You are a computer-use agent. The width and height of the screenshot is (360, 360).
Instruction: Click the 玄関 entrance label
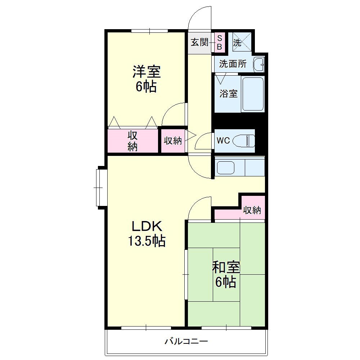(200, 42)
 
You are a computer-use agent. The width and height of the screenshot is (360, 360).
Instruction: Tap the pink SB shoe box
(220, 42)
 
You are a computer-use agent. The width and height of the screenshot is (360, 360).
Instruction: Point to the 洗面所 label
(233, 64)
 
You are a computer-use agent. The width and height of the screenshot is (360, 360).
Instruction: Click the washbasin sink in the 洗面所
(259, 64)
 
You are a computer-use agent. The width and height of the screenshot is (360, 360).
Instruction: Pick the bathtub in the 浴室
(253, 94)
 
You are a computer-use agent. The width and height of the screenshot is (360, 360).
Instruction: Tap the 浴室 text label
(229, 94)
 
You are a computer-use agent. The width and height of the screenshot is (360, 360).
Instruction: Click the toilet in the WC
(244, 140)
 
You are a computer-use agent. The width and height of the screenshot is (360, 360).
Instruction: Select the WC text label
(223, 140)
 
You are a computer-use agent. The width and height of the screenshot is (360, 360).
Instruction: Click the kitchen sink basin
(226, 168)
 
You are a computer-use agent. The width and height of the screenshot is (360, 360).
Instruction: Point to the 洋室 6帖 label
(146, 79)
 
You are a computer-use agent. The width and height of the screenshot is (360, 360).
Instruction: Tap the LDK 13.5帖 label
(147, 233)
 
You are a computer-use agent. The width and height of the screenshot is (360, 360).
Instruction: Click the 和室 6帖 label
(226, 274)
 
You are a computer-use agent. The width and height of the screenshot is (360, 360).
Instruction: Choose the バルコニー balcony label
(186, 341)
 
